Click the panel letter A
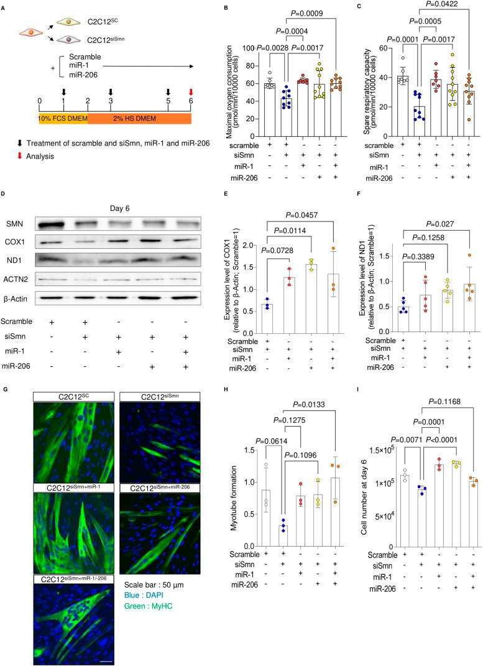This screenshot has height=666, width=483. (5, 7)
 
